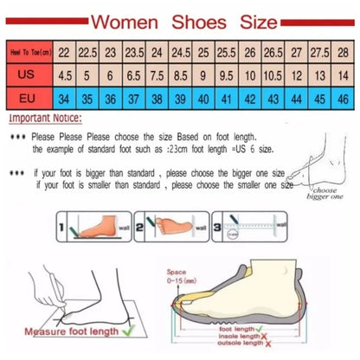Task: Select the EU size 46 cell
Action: click(x=342, y=99)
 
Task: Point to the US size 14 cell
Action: click(x=342, y=75)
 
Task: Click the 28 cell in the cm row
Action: click(x=342, y=52)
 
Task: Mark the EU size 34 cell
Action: click(x=64, y=99)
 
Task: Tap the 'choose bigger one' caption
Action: click(x=324, y=193)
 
